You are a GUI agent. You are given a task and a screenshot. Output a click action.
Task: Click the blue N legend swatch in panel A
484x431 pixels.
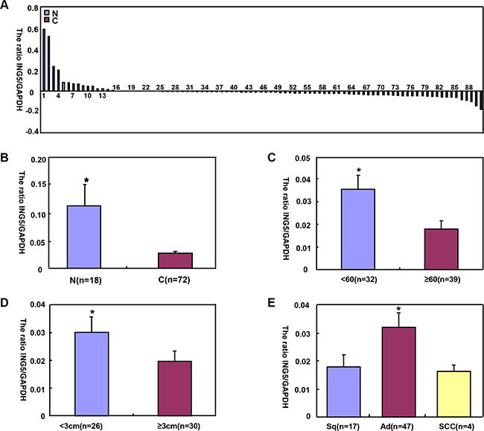pos(46,14)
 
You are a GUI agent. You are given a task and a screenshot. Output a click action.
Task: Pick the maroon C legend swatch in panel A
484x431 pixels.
pos(46,22)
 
